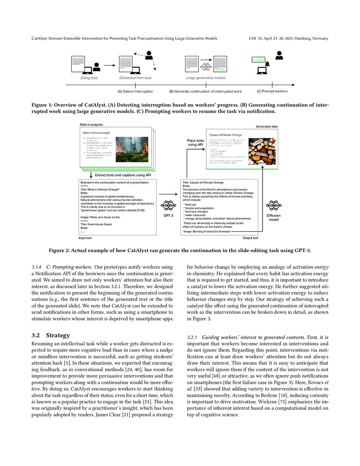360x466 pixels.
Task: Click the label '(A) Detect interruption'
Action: (x=135, y=91)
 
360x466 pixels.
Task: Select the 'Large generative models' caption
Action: (x=206, y=78)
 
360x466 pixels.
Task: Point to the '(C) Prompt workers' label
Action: (x=272, y=91)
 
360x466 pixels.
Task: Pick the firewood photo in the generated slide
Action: (x=262, y=151)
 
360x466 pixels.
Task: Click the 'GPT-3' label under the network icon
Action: (x=169, y=216)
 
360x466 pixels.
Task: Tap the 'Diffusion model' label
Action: (x=273, y=218)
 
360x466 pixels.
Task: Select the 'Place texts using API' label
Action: (x=195, y=142)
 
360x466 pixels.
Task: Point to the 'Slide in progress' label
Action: (x=91, y=125)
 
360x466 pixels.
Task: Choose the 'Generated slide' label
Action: (x=267, y=126)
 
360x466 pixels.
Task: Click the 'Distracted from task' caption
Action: (x=135, y=78)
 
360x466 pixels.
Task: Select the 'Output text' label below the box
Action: (x=250, y=238)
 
